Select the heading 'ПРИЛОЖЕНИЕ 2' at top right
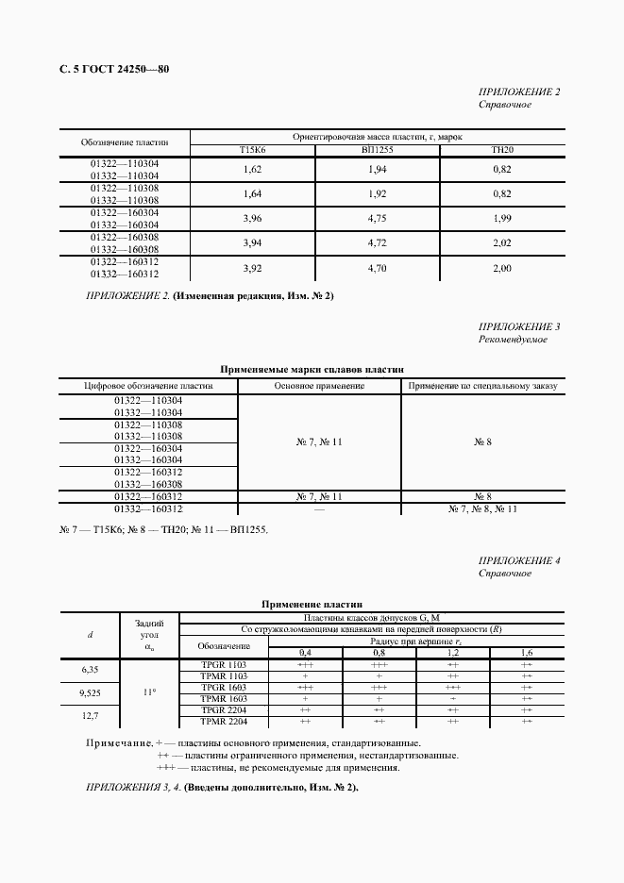(x=519, y=92)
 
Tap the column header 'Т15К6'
(x=252, y=150)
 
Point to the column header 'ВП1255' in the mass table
(x=377, y=150)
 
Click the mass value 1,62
(x=252, y=169)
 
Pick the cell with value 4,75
(x=377, y=219)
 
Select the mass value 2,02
(x=501, y=243)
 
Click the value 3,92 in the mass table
(x=252, y=268)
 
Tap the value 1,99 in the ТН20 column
(x=501, y=219)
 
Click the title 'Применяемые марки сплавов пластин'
(x=312, y=371)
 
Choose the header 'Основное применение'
(x=319, y=385)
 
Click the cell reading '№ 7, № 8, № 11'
(x=482, y=508)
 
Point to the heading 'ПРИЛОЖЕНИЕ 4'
(x=519, y=560)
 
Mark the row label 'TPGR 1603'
(x=224, y=688)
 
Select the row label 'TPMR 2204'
(x=224, y=722)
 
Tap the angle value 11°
(x=149, y=692)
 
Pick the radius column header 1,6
(x=526, y=653)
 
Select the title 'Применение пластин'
(x=312, y=604)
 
